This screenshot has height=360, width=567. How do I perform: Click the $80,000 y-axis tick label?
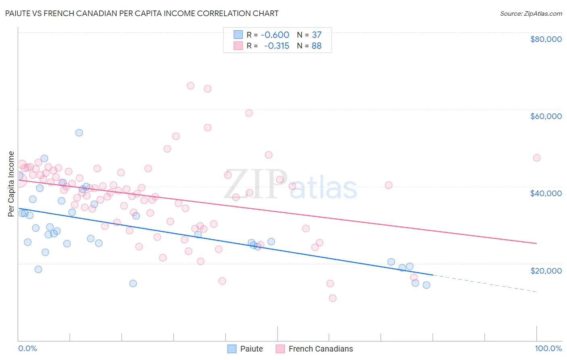tap(546, 39)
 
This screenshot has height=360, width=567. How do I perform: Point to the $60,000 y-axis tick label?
tap(546, 116)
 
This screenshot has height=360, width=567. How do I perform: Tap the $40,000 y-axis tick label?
tap(546, 193)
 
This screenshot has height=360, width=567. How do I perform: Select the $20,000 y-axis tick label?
tap(546, 270)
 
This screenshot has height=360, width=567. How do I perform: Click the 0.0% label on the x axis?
tap(27, 348)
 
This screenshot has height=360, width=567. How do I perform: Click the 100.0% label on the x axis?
tap(548, 348)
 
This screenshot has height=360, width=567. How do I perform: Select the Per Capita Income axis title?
tap(11, 184)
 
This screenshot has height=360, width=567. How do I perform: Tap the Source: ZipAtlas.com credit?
tap(531, 14)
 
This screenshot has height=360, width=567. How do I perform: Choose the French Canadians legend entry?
tap(315, 349)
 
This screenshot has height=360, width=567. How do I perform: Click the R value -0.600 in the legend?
tap(275, 35)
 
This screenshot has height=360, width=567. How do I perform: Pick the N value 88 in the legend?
tap(317, 46)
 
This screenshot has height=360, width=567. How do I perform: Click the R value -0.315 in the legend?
tap(277, 46)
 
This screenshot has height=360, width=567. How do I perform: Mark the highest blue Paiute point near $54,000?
tap(79, 133)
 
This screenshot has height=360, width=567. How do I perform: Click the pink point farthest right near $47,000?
tap(536, 158)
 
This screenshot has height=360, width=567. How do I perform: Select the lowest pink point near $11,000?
tap(332, 298)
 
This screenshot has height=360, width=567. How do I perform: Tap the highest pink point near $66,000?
tap(190, 86)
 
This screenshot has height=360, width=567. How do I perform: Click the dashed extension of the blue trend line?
tap(484, 283)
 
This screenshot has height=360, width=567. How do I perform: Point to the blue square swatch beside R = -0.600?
tap(238, 35)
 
